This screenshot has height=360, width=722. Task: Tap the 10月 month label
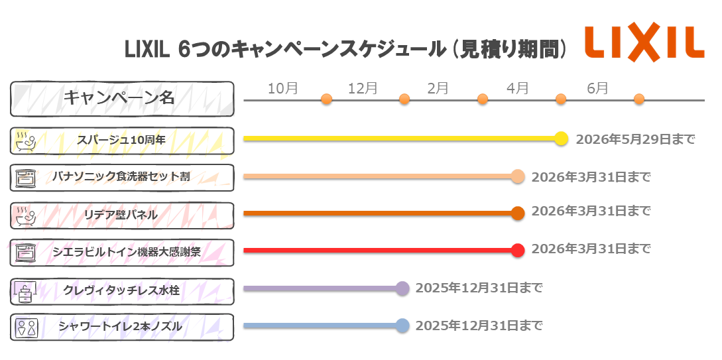(282, 88)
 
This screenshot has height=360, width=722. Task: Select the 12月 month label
(363, 88)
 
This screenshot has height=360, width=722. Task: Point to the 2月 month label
(438, 88)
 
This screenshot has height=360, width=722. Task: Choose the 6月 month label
(597, 88)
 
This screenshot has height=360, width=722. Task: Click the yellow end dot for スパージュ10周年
(561, 139)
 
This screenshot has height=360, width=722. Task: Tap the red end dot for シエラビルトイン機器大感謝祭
(518, 250)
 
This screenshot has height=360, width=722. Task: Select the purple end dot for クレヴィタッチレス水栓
(402, 288)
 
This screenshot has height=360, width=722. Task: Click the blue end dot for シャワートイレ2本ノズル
(402, 326)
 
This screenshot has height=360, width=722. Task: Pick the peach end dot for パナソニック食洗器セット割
(518, 176)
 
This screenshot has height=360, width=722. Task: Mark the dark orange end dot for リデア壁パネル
(518, 213)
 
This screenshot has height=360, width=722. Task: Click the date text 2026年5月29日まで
(635, 139)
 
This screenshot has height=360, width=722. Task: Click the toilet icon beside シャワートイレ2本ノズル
(27, 327)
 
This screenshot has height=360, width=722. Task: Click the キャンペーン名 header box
(122, 98)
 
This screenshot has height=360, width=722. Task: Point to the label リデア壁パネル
(121, 215)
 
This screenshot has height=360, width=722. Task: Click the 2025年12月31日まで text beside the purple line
(479, 288)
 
